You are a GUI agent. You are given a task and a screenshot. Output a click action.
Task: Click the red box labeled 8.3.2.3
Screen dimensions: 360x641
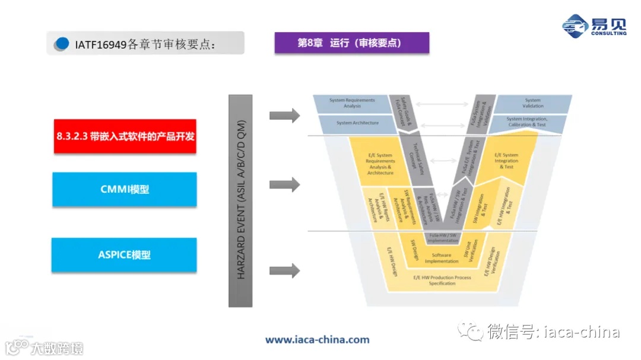[125, 136]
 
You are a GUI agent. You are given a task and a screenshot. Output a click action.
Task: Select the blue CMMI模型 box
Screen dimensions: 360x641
[125, 190]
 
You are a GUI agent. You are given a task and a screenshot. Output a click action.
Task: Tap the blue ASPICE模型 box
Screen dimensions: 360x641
[124, 255]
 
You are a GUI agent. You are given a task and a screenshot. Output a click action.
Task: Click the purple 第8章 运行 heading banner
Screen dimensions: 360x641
[351, 43]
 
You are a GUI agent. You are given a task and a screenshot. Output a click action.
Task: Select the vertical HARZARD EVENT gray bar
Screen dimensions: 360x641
[240, 200]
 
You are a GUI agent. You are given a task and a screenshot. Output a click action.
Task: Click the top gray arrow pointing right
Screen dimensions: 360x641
[284, 115]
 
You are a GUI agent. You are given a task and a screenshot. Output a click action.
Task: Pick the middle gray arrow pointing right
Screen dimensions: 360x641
[284, 184]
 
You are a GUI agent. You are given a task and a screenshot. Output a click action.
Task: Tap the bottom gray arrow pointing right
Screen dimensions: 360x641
[284, 271]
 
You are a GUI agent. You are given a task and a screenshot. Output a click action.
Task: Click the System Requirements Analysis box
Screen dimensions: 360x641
[353, 103]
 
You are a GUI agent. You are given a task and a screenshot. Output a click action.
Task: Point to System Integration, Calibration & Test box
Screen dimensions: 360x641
[526, 122]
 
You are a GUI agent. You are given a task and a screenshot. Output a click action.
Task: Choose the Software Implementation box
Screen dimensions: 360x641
[441, 259]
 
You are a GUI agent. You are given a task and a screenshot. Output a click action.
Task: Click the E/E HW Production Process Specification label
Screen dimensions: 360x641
[442, 281]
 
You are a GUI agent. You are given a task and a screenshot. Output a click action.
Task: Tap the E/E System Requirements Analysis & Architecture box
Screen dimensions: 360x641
[380, 164]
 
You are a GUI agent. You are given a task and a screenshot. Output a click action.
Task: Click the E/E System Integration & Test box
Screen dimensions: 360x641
[506, 161]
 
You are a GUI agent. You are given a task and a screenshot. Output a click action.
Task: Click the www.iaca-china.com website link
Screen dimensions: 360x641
[317, 340]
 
